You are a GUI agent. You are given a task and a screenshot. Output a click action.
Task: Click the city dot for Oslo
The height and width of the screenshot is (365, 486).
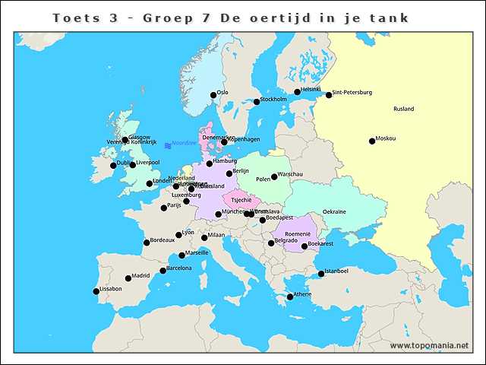[x=213, y=96]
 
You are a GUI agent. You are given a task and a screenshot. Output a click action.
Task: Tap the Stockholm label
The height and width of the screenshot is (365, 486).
[x=273, y=99]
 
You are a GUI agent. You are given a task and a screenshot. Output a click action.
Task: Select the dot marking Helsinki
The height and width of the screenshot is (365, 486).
[x=298, y=92]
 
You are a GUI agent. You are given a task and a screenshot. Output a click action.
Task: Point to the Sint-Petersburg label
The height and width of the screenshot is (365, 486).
[x=352, y=93]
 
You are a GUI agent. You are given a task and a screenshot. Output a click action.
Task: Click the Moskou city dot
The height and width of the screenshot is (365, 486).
[x=372, y=141]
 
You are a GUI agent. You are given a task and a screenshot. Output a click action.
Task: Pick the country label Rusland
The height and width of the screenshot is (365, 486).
[x=404, y=109]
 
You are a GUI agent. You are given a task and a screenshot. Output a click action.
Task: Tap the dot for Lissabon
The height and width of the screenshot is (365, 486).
[x=96, y=291]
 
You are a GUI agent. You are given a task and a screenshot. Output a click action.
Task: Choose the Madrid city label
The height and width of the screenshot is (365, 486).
[x=140, y=276]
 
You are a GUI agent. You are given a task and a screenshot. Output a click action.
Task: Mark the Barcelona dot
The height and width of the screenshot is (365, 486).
[x=163, y=271]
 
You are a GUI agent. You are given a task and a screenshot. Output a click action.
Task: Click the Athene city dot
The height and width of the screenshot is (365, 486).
[x=290, y=297]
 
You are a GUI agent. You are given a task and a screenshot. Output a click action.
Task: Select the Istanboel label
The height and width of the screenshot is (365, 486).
[x=336, y=271]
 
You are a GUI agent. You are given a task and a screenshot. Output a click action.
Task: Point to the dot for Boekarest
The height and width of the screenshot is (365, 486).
[x=305, y=246]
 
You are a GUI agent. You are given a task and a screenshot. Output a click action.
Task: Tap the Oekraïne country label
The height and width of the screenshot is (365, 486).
[x=334, y=211]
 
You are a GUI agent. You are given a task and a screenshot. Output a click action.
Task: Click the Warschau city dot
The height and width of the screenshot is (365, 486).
[x=274, y=176]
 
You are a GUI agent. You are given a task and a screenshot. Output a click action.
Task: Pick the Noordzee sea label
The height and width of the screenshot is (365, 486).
[x=184, y=142]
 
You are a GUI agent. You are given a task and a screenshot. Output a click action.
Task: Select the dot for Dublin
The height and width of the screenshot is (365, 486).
[x=113, y=165]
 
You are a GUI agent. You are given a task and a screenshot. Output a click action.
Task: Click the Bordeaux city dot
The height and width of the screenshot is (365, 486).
[x=147, y=243]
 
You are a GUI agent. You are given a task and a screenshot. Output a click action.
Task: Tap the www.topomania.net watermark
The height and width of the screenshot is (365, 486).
[x=430, y=345]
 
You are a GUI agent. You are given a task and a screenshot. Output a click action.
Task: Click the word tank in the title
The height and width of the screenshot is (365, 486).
[x=390, y=17]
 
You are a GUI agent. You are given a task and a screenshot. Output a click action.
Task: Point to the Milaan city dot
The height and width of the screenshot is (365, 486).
[x=204, y=238]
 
